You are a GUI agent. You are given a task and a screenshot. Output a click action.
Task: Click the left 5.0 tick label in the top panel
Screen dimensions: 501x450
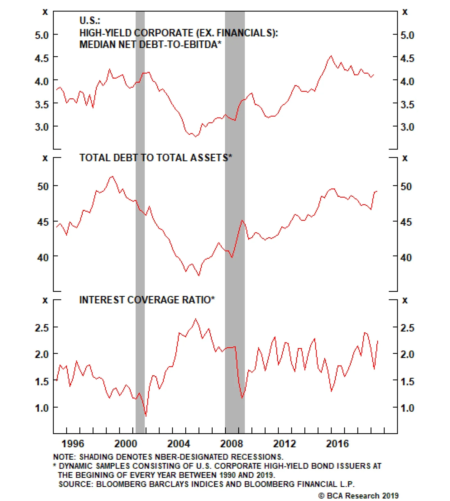point(42,35)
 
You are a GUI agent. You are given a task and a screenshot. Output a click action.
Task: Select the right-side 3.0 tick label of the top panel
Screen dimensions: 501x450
point(407,127)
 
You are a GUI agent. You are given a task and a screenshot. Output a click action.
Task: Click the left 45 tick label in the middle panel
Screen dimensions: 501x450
point(43,222)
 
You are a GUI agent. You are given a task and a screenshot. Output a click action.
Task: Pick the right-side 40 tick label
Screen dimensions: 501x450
point(406,258)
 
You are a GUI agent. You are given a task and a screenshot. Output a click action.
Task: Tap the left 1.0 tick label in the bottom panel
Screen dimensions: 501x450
point(42,408)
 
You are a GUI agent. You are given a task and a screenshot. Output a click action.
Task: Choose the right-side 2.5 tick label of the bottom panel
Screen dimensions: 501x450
point(407,328)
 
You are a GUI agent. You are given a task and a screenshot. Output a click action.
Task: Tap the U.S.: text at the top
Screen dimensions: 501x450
point(90,21)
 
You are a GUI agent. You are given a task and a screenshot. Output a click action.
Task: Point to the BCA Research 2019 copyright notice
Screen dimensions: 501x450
point(358,495)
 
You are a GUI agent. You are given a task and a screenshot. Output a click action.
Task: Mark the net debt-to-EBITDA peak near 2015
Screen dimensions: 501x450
point(331,56)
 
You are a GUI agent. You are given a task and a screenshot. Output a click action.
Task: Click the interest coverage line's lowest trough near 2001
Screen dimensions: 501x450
point(146,416)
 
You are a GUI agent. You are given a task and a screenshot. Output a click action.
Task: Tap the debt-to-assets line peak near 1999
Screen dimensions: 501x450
point(112,176)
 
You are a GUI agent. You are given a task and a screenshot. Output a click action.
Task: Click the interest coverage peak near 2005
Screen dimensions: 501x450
point(196,319)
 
